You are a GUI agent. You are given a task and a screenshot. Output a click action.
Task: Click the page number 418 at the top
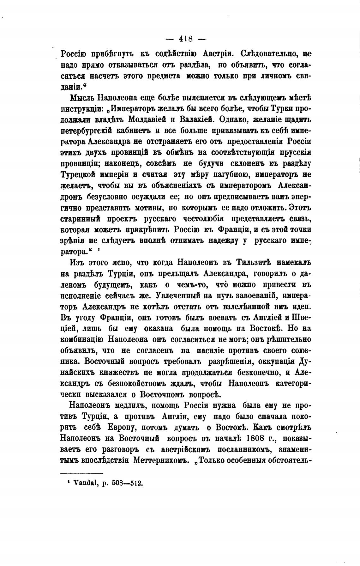click(186, 39)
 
